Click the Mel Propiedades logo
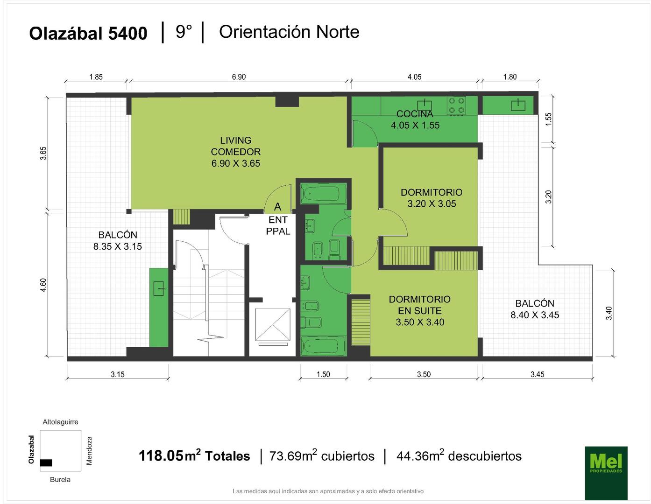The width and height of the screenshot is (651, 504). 606,473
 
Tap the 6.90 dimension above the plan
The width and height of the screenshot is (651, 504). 239,77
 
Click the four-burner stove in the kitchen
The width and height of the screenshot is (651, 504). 456,105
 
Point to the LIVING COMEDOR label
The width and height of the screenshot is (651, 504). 235,152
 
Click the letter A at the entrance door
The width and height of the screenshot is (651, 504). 277,207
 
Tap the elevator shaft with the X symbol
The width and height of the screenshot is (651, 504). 273,325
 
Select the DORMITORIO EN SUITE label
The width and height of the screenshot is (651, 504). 419,311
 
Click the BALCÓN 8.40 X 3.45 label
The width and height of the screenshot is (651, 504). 535,309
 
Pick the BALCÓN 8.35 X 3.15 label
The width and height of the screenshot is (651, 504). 117,241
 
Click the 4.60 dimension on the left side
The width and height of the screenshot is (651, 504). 43,285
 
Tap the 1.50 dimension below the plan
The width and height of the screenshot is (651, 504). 323,374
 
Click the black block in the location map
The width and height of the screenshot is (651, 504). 46,462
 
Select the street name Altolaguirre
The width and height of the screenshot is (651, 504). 60,422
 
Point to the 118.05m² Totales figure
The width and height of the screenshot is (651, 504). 194,456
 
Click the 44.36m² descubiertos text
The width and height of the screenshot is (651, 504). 459,456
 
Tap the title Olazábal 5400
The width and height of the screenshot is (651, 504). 88,33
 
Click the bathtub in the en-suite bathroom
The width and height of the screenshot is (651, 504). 323,346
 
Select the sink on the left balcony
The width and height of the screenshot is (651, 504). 159,288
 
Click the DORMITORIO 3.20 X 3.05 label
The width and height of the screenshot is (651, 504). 432,198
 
